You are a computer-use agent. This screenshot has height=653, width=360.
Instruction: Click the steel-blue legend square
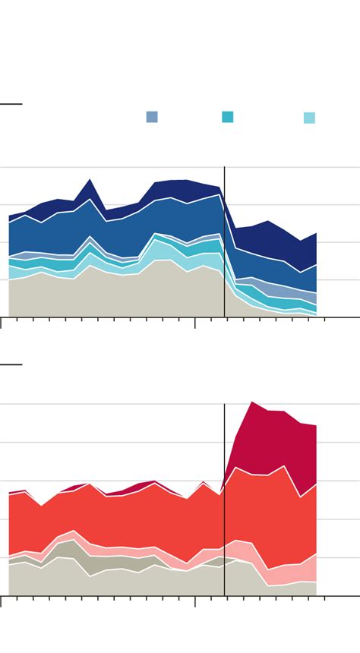[152, 117]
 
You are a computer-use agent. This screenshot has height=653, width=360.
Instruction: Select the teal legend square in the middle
[228, 117]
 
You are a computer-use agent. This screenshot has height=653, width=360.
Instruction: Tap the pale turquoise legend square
[309, 118]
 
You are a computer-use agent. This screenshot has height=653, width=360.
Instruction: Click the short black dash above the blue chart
[11, 104]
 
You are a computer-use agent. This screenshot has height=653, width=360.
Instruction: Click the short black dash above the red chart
[11, 364]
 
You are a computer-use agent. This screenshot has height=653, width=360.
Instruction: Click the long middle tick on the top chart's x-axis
[195, 323]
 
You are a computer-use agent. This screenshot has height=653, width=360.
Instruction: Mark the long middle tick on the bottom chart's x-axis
[195, 601]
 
